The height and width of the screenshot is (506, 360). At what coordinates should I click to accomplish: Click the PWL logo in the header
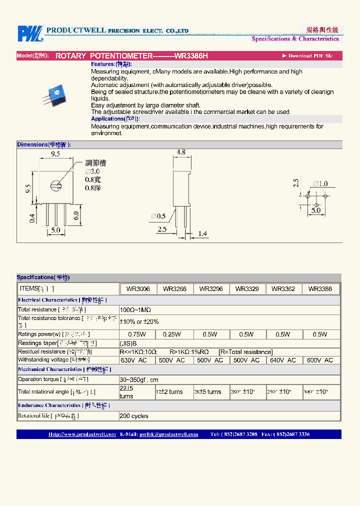30,33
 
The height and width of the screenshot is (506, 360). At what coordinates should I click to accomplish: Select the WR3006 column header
138,289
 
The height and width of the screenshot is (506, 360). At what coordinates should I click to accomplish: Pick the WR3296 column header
211,289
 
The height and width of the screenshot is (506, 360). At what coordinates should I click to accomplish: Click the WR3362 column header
283,289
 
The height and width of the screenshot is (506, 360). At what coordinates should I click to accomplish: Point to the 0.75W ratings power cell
137,334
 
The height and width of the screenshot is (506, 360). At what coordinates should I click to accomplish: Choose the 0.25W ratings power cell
174,334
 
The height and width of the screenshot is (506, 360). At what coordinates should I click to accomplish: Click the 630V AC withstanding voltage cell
133,360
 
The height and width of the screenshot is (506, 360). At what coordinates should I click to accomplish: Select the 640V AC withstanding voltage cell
283,360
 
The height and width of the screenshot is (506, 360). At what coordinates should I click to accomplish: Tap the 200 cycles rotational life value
134,416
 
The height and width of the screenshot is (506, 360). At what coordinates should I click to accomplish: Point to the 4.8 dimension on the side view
181,152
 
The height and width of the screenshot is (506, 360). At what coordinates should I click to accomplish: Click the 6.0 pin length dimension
76,215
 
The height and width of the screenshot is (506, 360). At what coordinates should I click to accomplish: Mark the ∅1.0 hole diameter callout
320,184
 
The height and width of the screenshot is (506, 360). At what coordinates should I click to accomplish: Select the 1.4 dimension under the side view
202,233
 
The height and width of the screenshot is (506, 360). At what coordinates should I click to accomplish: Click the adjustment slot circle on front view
54,186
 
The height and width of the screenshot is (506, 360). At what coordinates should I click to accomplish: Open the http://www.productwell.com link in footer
82,434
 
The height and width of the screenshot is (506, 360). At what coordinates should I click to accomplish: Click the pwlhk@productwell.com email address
168,434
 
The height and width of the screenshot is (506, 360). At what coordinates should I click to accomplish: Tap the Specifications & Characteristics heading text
295,39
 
